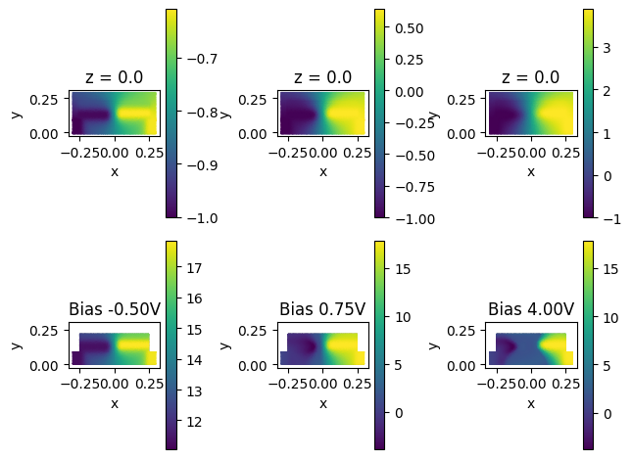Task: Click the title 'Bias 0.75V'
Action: tap(322, 309)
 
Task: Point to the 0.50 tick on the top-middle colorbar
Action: tap(408, 28)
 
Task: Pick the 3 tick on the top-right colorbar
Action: tap(606, 47)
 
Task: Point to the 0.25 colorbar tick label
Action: tap(408, 60)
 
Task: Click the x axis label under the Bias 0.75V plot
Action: tap(322, 403)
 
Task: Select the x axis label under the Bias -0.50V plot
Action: tap(114, 403)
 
